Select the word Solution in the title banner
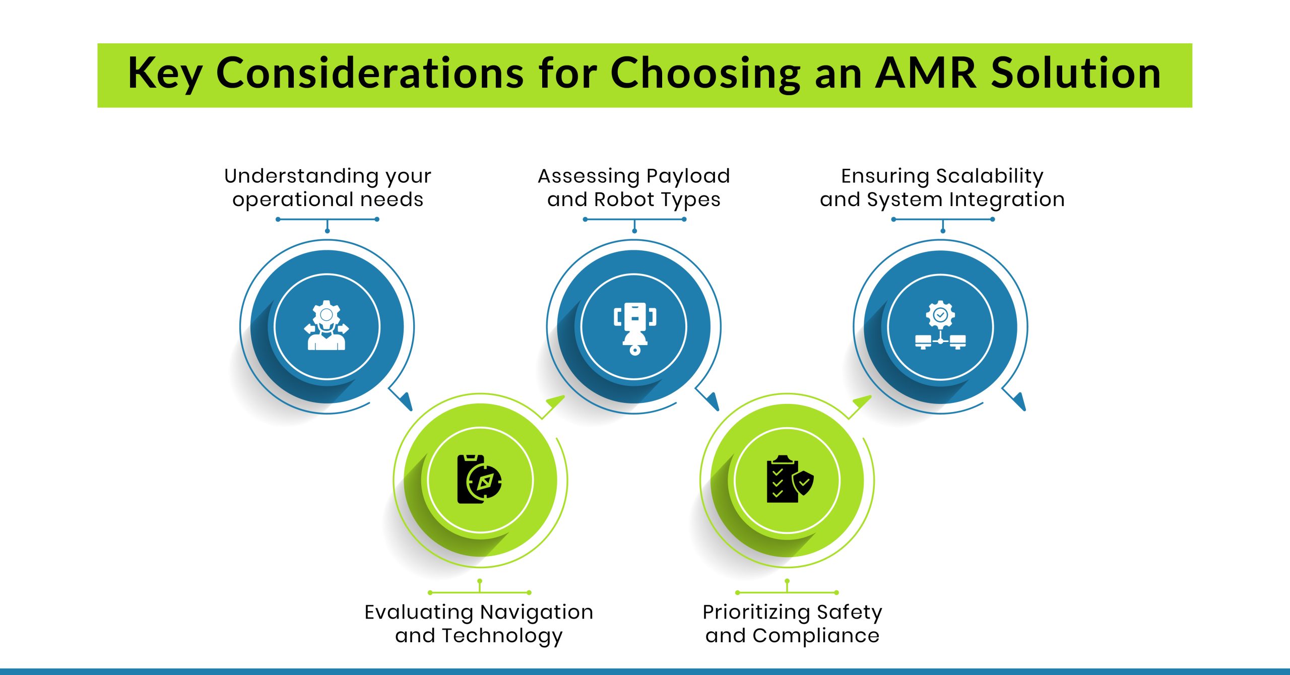(x=1076, y=74)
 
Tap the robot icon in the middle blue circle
(x=634, y=328)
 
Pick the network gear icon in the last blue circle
(x=940, y=325)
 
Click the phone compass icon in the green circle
(x=479, y=479)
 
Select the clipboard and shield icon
(x=789, y=479)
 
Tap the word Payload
(x=688, y=176)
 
